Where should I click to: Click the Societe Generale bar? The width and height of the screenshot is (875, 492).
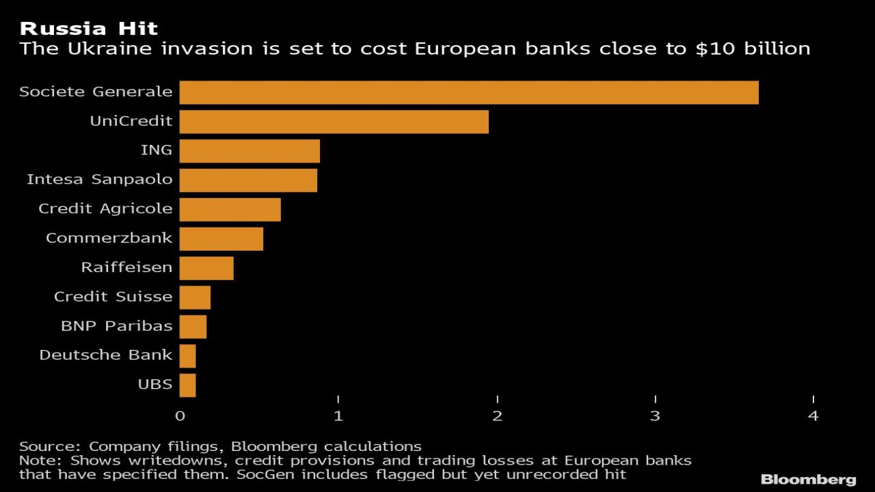click(469, 92)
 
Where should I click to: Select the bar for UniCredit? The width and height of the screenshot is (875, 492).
click(334, 122)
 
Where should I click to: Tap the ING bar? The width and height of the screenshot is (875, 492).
click(250, 151)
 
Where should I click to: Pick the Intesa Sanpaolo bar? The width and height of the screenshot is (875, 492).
click(248, 180)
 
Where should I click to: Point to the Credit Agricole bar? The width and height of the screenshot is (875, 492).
click(230, 210)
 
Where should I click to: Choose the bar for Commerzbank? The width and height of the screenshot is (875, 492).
click(221, 239)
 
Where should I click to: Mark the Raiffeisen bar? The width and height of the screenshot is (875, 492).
click(206, 268)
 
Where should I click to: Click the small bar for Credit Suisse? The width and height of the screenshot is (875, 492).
click(195, 297)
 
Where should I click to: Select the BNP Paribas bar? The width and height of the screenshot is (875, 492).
click(193, 327)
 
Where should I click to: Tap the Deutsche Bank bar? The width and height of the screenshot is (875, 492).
click(187, 356)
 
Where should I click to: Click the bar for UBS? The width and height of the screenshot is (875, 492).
click(187, 385)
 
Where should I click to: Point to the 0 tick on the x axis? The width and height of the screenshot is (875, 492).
click(180, 415)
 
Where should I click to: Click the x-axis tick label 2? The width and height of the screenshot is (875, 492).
click(497, 415)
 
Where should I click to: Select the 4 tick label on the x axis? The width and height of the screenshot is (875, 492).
click(813, 415)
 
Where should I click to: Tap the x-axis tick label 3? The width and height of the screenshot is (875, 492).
click(655, 415)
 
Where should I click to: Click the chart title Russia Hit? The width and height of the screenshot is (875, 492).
click(89, 29)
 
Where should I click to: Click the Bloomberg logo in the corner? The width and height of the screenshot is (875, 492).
click(809, 479)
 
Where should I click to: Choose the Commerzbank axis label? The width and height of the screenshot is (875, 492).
click(109, 238)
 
